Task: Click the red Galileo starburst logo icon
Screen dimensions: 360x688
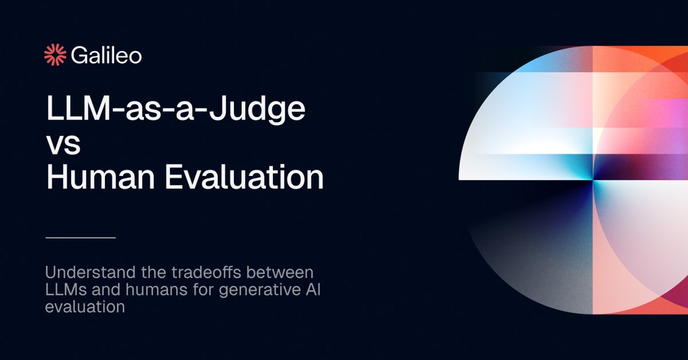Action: point(54,55)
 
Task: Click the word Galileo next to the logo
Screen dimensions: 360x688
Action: point(106,55)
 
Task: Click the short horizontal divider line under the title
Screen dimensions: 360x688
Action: point(81,238)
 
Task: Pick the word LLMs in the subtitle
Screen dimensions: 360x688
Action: point(64,290)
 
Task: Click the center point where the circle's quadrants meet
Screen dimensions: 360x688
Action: point(593,180)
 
